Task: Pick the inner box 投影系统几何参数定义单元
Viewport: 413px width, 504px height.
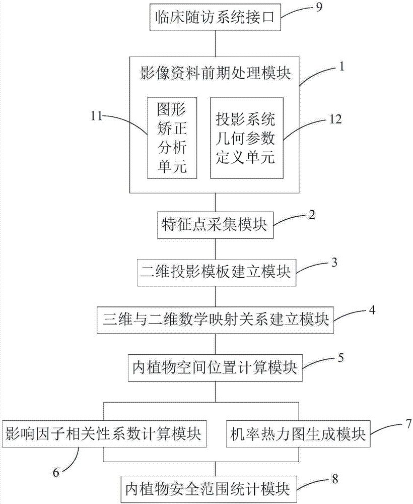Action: tap(246, 137)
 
